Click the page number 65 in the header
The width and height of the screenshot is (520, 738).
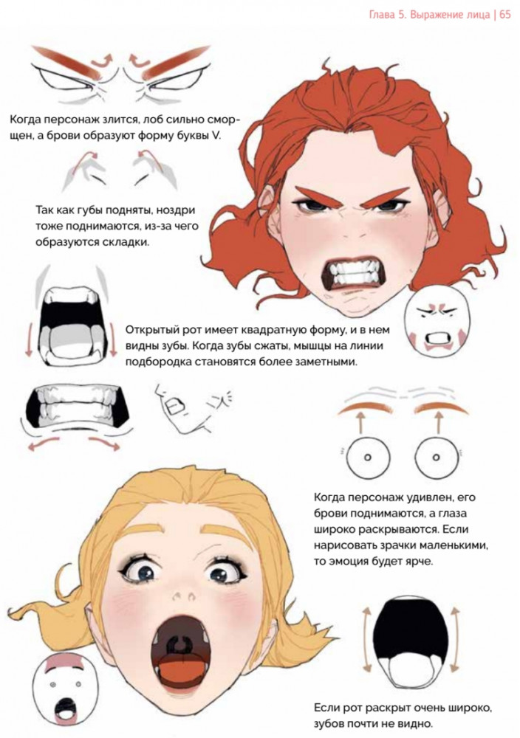(x=504, y=15)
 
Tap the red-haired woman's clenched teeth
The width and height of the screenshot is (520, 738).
(x=353, y=275)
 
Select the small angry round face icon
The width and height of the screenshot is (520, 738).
(x=437, y=323)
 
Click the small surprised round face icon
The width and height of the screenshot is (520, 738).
(x=66, y=689)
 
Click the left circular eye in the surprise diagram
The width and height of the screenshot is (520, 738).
(x=369, y=457)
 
